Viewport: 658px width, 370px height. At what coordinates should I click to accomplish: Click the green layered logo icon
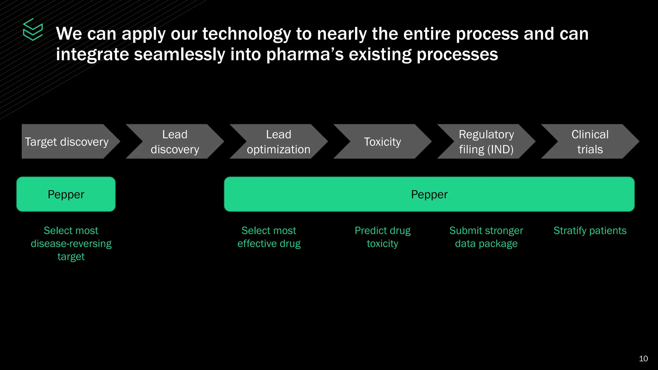click(x=33, y=30)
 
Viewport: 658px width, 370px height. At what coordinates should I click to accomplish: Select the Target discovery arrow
click(x=67, y=142)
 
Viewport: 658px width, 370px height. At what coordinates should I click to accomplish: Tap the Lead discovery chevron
click(x=175, y=142)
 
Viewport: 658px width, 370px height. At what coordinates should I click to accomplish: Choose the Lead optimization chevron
click(x=279, y=142)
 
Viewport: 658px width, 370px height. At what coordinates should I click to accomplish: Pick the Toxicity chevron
click(x=382, y=142)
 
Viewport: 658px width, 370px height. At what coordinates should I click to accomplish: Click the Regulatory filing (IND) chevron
click(x=486, y=142)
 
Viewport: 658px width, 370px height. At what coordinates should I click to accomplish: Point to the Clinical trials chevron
click(x=590, y=142)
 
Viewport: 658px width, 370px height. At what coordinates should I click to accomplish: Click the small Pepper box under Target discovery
click(x=66, y=194)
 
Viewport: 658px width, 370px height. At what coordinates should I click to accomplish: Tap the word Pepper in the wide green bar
click(x=429, y=194)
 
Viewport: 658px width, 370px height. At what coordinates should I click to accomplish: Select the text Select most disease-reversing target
click(x=71, y=243)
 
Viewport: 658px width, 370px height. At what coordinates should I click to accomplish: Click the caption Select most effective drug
click(x=269, y=237)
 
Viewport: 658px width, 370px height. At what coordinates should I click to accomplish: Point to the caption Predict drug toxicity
click(x=382, y=237)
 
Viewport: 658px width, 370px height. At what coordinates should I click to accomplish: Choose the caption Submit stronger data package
click(x=486, y=237)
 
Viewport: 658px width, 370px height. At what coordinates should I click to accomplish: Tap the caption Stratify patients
click(x=590, y=231)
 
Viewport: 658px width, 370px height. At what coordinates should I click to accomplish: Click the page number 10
click(x=643, y=359)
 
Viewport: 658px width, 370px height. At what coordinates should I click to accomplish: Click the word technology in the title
click(x=246, y=34)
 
